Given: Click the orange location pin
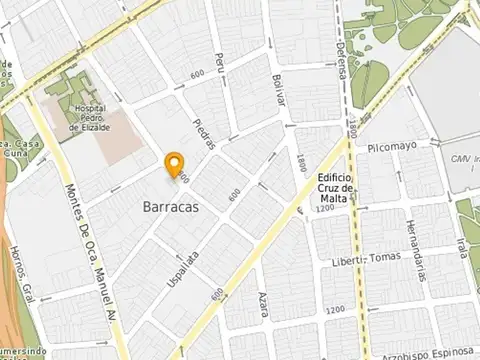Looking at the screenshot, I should (175, 164).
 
